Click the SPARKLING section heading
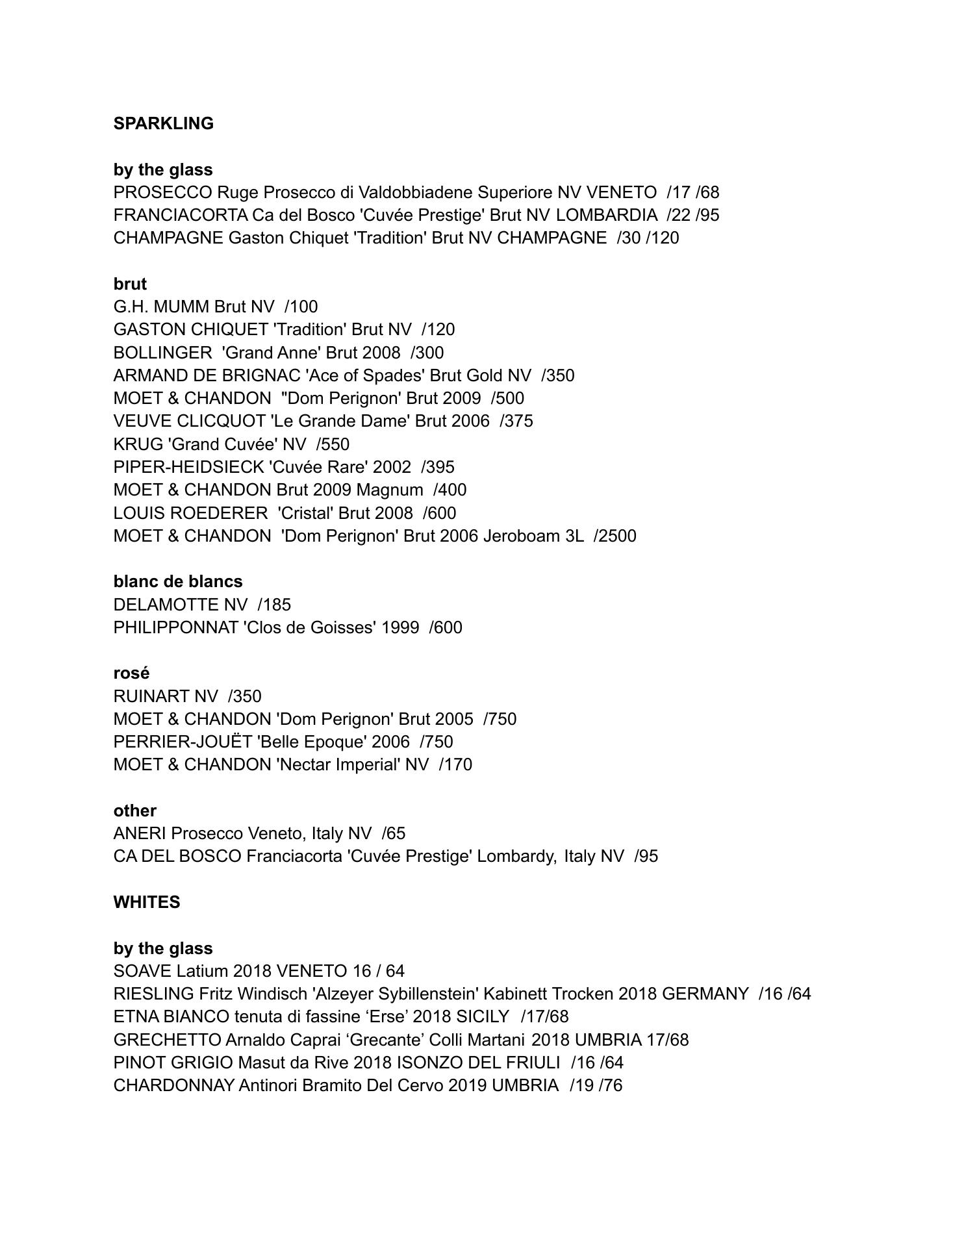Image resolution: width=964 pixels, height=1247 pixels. [163, 123]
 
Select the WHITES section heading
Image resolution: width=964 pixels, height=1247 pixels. [147, 902]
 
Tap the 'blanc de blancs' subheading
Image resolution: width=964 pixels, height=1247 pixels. [178, 581]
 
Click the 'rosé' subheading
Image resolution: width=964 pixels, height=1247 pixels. [131, 673]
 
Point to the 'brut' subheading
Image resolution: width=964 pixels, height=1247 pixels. [130, 284]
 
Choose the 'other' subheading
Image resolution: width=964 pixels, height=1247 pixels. [135, 811]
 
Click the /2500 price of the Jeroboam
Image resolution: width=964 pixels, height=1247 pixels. [615, 536]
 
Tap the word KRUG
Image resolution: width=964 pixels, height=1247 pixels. [138, 444]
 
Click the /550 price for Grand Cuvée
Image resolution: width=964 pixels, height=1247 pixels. [333, 444]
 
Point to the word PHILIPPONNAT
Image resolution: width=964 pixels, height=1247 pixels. [175, 627]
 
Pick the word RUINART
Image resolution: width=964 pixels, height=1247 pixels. [151, 696]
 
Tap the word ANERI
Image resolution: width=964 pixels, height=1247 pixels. [140, 833]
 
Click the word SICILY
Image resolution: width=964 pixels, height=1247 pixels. [483, 1016]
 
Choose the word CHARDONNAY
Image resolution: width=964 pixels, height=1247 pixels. [173, 1085]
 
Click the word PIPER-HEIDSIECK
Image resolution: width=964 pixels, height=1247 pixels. [188, 467]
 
